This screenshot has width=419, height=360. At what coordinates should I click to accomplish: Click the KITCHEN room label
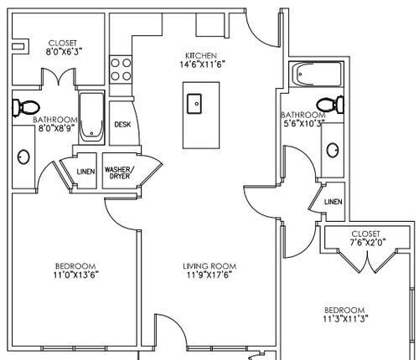(201, 56)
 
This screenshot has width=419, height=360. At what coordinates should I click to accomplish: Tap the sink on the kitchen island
(196, 104)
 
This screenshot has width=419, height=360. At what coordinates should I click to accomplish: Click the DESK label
(122, 125)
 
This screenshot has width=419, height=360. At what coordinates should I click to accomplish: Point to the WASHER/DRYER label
(117, 173)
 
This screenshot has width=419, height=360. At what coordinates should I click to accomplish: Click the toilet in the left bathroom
(25, 107)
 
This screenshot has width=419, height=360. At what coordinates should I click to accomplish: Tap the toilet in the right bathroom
(335, 103)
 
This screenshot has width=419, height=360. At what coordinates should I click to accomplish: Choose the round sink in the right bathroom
(333, 151)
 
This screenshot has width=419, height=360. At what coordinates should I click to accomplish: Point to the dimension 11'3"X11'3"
(344, 319)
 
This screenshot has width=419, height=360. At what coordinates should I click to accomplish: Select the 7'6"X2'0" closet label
(366, 242)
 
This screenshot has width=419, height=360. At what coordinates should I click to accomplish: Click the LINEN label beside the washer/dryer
(85, 172)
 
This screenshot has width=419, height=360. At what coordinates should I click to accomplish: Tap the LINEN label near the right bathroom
(333, 202)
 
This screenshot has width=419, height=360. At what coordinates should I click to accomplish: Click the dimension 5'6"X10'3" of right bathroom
(303, 123)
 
